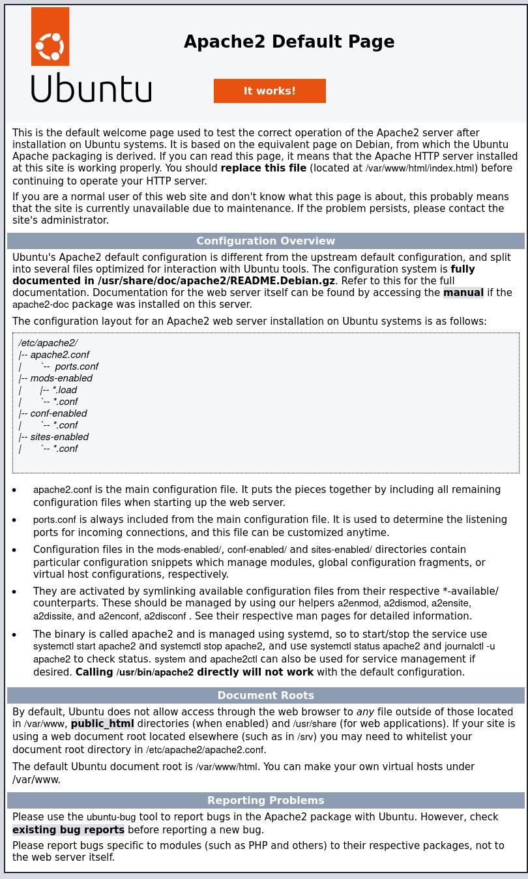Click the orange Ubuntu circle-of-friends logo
click(50, 37)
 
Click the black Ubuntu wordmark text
click(91, 89)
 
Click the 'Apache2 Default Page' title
click(289, 42)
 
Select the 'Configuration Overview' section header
click(265, 241)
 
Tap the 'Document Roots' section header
click(265, 696)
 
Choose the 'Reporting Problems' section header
click(265, 801)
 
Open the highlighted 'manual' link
click(463, 293)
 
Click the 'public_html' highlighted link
click(102, 724)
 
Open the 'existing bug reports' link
click(68, 830)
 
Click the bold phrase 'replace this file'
click(263, 168)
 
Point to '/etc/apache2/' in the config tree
click(48, 343)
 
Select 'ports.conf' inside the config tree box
click(76, 366)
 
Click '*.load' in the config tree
click(65, 390)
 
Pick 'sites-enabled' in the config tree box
click(59, 437)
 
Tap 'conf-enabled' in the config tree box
click(58, 413)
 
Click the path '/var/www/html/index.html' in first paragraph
click(420, 168)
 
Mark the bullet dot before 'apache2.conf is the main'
click(15, 490)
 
